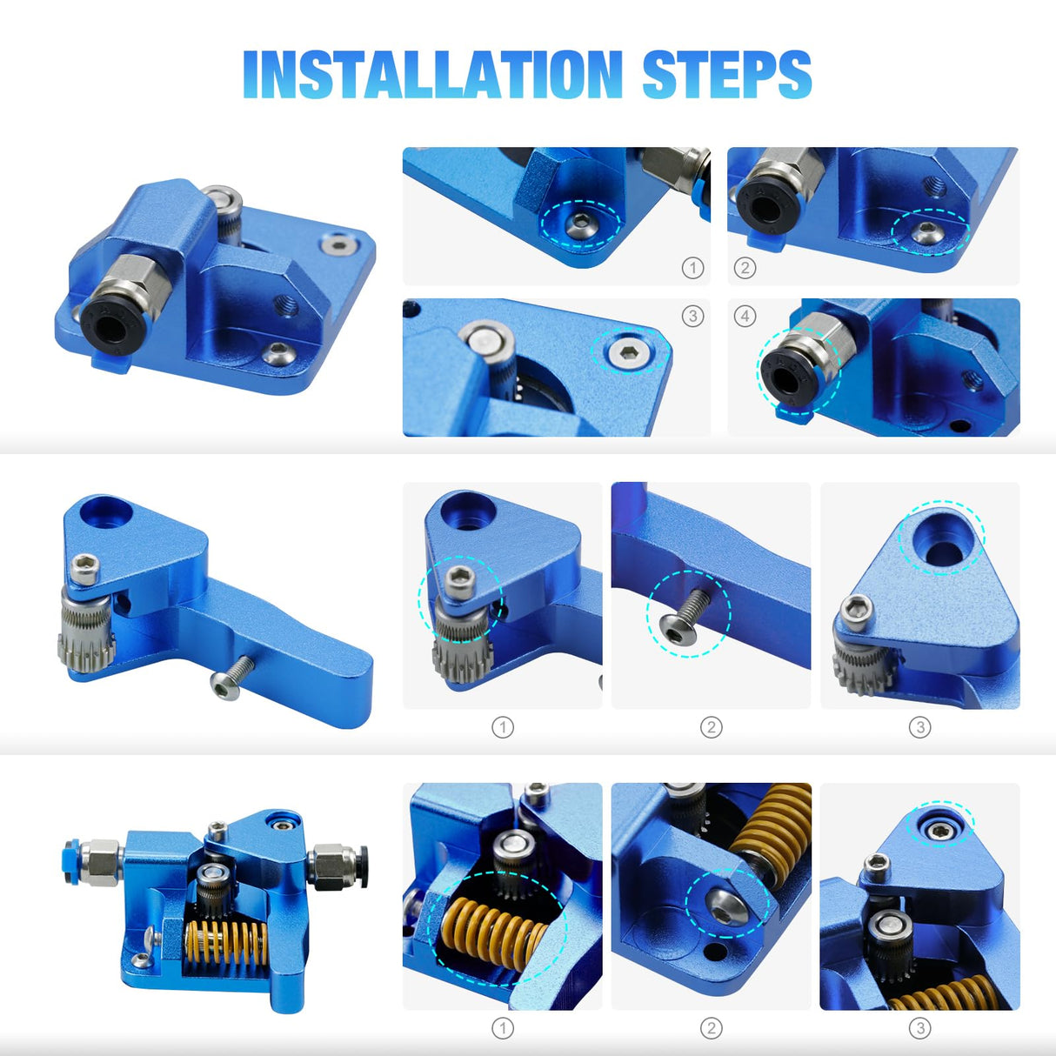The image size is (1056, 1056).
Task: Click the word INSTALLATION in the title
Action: pyautogui.click(x=433, y=75)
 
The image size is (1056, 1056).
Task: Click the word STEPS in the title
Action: pyautogui.click(x=726, y=75)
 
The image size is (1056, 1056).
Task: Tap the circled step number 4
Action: pyautogui.click(x=745, y=317)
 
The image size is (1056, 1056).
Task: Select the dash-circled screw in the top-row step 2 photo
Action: pyautogui.click(x=927, y=232)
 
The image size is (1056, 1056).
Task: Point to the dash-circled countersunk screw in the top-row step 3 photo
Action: pyautogui.click(x=630, y=351)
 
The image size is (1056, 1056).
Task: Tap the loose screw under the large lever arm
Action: pyautogui.click(x=231, y=678)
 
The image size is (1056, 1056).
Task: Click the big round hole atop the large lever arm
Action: pyautogui.click(x=106, y=512)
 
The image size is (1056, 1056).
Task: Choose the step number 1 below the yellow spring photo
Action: pyautogui.click(x=503, y=1028)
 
